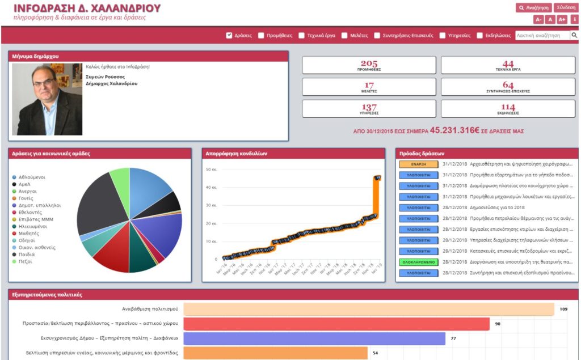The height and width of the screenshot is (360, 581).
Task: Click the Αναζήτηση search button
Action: point(533,8)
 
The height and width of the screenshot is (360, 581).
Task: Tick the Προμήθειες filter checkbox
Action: point(261,35)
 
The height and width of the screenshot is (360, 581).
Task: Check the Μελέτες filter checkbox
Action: point(344,35)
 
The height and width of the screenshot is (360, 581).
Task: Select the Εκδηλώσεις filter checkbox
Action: point(480,35)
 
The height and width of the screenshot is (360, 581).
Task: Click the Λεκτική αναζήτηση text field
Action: point(542,35)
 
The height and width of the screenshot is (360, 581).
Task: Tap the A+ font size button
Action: point(562,20)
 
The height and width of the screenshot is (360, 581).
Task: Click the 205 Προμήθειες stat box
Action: point(369,65)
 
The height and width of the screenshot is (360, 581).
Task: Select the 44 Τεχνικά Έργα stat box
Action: point(508,65)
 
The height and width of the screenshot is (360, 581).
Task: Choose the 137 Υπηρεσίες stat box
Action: point(369,108)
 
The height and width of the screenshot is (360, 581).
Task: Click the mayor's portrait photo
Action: point(47,99)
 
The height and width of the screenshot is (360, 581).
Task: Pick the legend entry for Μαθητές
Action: point(29,233)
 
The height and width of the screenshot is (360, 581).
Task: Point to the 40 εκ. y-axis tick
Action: point(210,187)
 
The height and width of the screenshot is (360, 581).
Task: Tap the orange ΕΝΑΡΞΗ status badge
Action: point(419,164)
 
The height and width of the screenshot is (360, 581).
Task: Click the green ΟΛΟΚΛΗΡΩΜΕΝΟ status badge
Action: point(419,262)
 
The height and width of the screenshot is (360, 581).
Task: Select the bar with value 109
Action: point(369,309)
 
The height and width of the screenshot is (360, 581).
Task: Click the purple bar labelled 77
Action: point(314,338)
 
